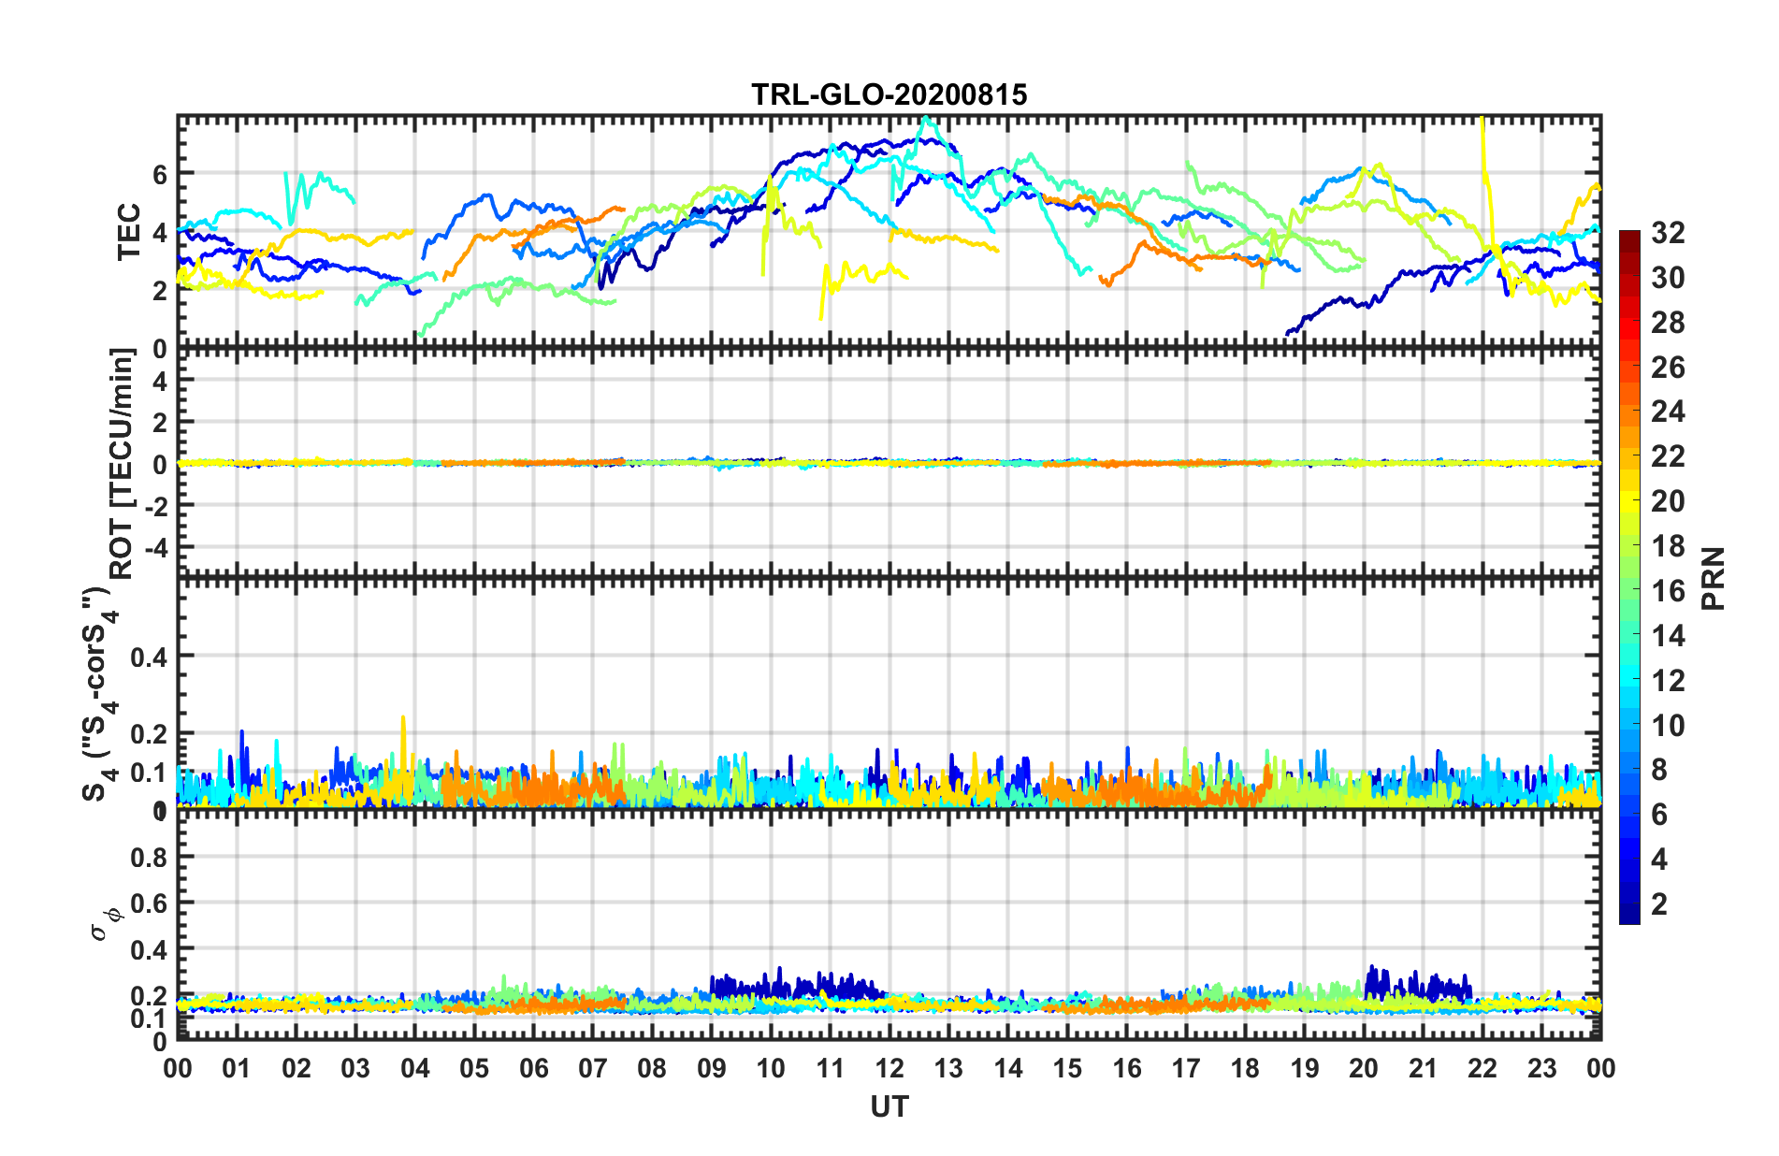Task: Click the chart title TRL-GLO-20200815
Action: click(x=889, y=94)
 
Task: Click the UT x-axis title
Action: click(x=889, y=1106)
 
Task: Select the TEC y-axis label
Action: click(x=128, y=231)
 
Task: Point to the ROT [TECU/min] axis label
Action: click(x=123, y=463)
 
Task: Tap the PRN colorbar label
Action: click(x=1713, y=578)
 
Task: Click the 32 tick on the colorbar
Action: click(x=1668, y=233)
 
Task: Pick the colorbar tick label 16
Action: click(x=1668, y=591)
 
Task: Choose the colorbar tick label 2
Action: click(x=1659, y=904)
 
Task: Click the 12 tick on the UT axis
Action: click(x=889, y=1068)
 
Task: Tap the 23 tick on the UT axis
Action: click(x=1541, y=1068)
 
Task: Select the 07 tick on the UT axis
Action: click(x=593, y=1068)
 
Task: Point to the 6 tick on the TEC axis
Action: click(x=160, y=175)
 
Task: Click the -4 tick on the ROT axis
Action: click(x=153, y=546)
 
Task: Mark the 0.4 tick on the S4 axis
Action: click(x=149, y=657)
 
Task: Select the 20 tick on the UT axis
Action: click(x=1364, y=1068)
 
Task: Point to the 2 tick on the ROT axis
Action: click(x=160, y=423)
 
